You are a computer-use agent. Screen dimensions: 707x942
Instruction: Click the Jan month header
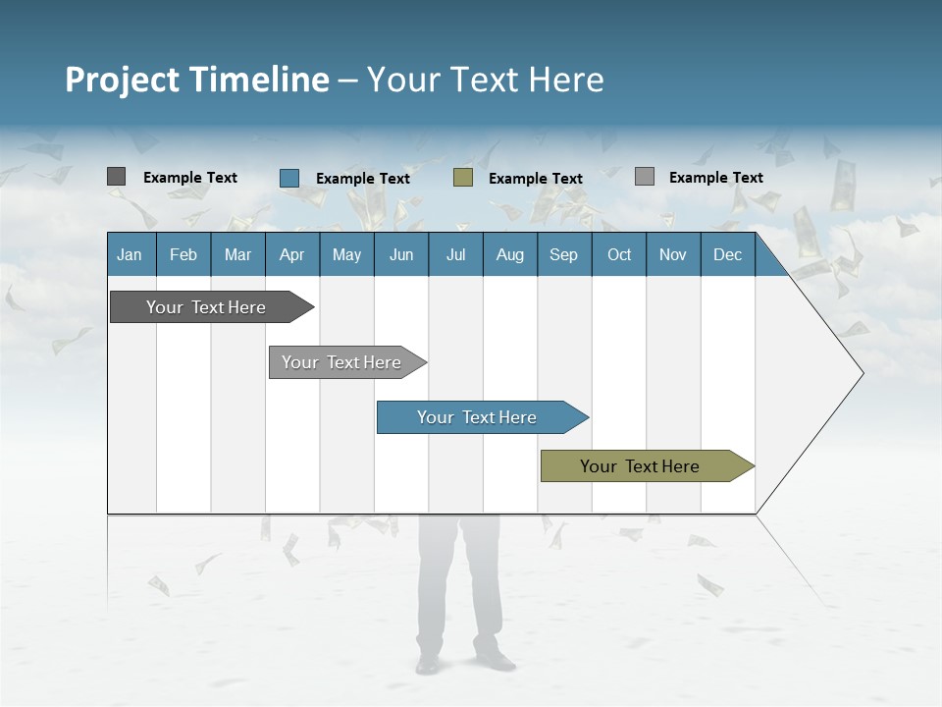click(130, 254)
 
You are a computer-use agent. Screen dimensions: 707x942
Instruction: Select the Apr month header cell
click(291, 254)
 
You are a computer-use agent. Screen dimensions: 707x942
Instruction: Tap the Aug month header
click(509, 254)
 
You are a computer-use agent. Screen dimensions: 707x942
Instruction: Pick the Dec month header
click(727, 254)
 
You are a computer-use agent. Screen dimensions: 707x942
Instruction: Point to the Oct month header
click(619, 254)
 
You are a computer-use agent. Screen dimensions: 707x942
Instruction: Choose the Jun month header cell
click(401, 254)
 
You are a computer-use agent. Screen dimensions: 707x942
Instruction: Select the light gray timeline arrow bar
click(343, 362)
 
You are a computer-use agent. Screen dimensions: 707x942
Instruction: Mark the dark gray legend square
click(117, 177)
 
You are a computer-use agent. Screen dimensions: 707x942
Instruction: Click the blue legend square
click(289, 178)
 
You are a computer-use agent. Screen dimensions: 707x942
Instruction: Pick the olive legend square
click(463, 178)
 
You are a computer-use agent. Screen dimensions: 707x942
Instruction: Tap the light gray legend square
click(645, 177)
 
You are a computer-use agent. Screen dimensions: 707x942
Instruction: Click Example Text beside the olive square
click(536, 179)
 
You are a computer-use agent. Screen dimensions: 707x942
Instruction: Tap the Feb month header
click(183, 254)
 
